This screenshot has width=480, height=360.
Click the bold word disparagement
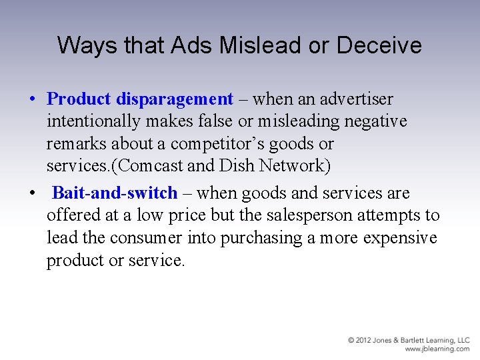point(174,99)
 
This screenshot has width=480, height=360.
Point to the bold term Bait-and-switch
point(115,193)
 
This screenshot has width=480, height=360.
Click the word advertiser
point(357,99)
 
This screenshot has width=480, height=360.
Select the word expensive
point(398,238)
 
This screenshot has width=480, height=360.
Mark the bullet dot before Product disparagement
point(32,100)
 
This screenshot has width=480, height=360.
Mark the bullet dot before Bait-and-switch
point(32,194)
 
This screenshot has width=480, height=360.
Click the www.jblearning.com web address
point(437,349)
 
